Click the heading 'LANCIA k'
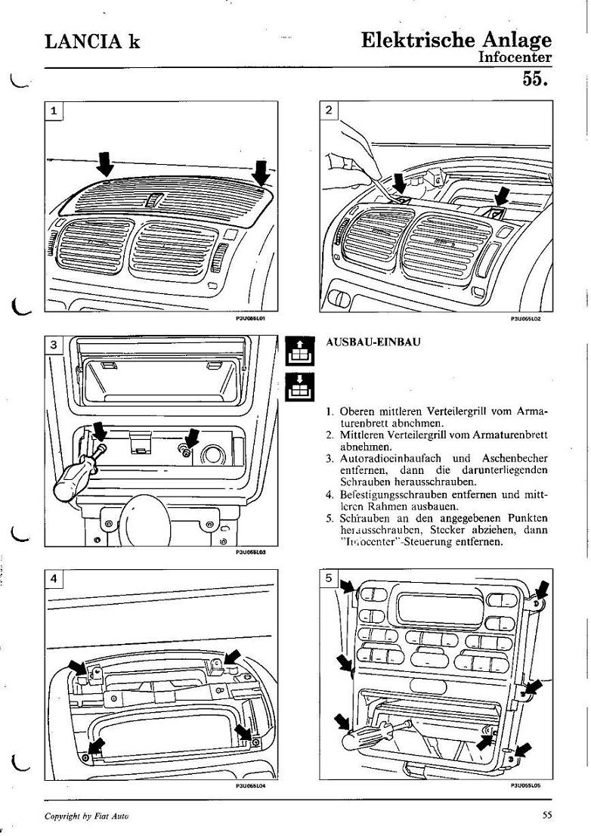click(x=92, y=42)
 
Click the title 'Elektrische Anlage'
click(x=456, y=39)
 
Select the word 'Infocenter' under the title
click(x=515, y=57)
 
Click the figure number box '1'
click(x=54, y=111)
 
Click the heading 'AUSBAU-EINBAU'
click(x=373, y=342)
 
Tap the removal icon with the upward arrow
click(x=298, y=351)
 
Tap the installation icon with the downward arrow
click(x=298, y=387)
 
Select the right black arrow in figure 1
click(x=261, y=172)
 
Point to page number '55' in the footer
click(x=547, y=814)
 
